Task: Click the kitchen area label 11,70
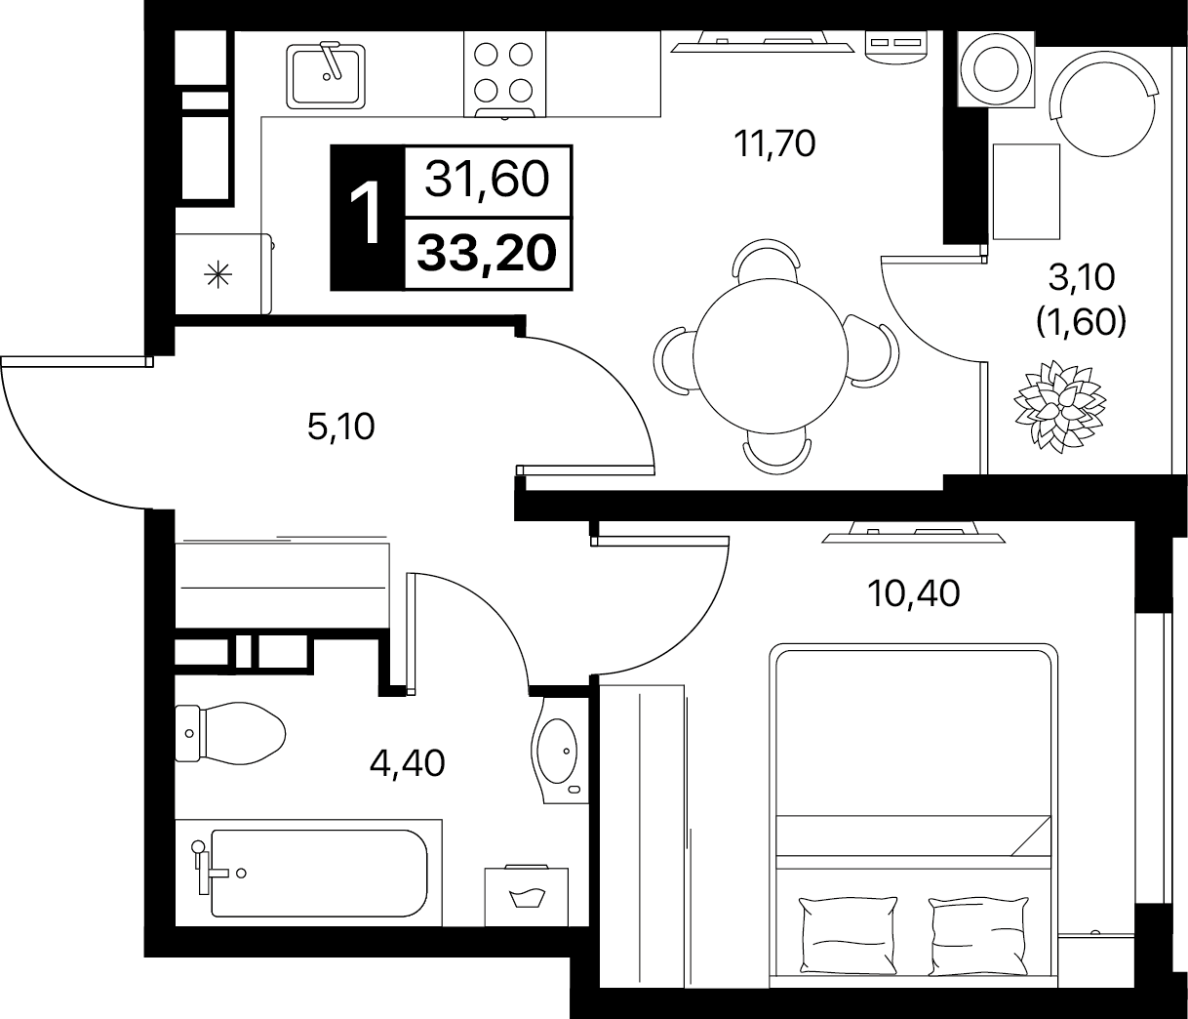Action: pyautogui.click(x=774, y=143)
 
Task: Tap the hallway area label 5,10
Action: pyautogui.click(x=340, y=427)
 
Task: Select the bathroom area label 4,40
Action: pyautogui.click(x=407, y=763)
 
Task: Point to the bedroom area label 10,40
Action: pyautogui.click(x=913, y=593)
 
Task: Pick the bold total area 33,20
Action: pyautogui.click(x=487, y=254)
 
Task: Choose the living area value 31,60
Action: pyautogui.click(x=487, y=179)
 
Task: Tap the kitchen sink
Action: pyautogui.click(x=326, y=76)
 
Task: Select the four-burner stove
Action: pyautogui.click(x=504, y=75)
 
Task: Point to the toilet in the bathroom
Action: pyautogui.click(x=230, y=733)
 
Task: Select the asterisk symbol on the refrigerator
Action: pyautogui.click(x=218, y=275)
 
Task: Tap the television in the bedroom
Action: pyautogui.click(x=913, y=532)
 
